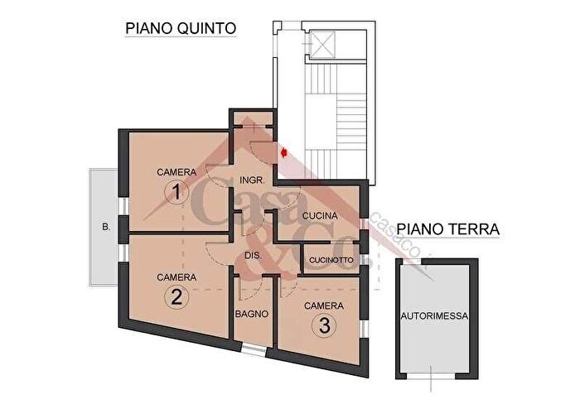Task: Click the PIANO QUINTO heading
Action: click(181, 28)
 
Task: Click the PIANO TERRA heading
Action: click(447, 229)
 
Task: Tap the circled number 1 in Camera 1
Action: click(175, 193)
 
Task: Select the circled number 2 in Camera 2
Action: click(175, 297)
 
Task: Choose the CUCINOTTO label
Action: click(331, 260)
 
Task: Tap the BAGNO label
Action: click(249, 314)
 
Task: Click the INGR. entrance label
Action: click(252, 180)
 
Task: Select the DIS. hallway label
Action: click(254, 256)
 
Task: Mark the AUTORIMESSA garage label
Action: click(435, 315)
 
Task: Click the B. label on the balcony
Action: click(104, 225)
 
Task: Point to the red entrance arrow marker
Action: click(284, 152)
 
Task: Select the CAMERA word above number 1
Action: click(176, 172)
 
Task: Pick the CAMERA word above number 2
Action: click(176, 277)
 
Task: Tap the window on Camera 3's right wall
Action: click(363, 328)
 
